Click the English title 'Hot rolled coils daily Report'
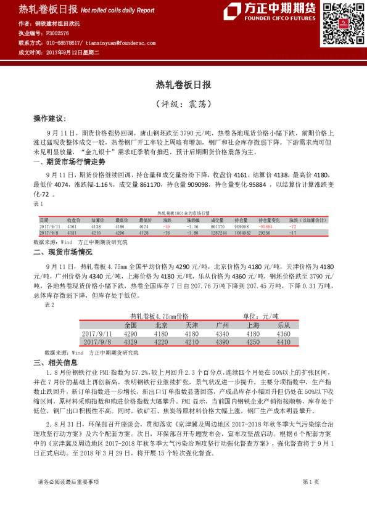pos(118,10)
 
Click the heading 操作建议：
pos(49,118)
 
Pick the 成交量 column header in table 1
pos(216,219)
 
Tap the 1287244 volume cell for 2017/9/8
pos(218,233)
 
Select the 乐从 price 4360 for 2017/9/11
pos(283,333)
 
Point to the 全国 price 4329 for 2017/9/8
pos(130,341)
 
